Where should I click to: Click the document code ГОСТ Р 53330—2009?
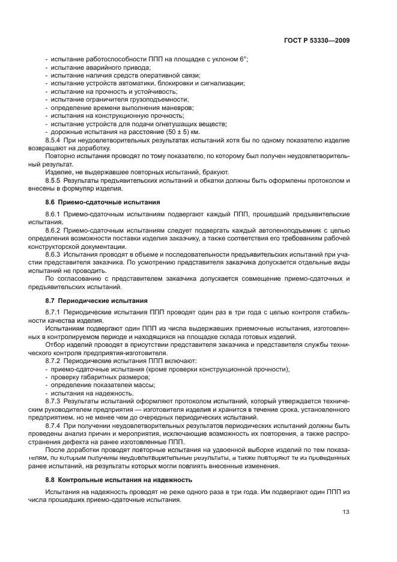pyautogui.click(x=317, y=40)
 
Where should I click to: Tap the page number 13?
pyautogui.click(x=346, y=512)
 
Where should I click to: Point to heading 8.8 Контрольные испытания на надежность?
pyautogui.click(x=119, y=480)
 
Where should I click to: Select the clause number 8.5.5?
pyautogui.click(x=53, y=180)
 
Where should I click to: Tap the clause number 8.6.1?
pyautogui.click(x=53, y=214)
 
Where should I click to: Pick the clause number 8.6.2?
pyautogui.click(x=53, y=231)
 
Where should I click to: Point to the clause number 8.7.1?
pyautogui.click(x=53, y=313)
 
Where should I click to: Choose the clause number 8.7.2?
pyautogui.click(x=53, y=361)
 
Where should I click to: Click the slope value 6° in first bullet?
pyautogui.click(x=244, y=59)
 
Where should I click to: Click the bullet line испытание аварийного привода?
pyautogui.click(x=91, y=67)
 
